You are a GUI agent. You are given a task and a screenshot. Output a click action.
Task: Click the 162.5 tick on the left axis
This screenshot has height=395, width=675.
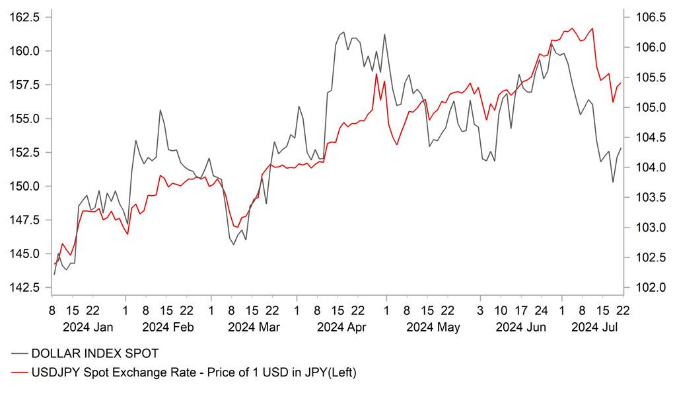click(x=24, y=17)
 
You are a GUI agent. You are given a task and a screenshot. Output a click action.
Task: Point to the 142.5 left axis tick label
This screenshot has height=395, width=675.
click(x=24, y=288)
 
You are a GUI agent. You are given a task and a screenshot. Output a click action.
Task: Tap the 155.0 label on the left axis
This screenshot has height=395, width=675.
click(x=24, y=119)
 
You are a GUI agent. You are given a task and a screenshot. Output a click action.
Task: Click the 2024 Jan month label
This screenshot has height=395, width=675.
click(x=87, y=327)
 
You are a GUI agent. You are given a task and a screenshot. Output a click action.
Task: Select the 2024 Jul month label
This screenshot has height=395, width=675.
click(x=594, y=327)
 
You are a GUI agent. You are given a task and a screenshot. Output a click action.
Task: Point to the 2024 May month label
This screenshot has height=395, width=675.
click(x=433, y=327)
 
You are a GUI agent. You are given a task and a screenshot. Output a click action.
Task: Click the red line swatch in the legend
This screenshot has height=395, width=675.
click(x=19, y=373)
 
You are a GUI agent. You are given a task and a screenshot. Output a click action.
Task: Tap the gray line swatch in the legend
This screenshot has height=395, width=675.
click(x=19, y=355)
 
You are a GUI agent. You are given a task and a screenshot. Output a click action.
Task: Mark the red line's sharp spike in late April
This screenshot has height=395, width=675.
click(x=376, y=74)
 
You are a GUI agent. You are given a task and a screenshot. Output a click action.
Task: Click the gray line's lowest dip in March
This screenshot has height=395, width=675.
click(x=234, y=244)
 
